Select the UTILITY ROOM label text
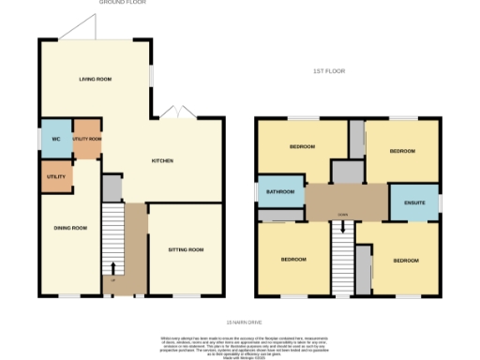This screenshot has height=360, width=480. [87, 139]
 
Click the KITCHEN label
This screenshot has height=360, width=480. [163, 161]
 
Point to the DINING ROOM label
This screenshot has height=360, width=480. [70, 228]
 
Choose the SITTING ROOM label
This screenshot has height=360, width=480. [185, 249]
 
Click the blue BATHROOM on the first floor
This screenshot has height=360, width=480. [279, 192]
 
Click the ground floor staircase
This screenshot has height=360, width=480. [112, 242]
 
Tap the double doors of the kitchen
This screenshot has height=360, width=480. [174, 113]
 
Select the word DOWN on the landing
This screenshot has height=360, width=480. [343, 215]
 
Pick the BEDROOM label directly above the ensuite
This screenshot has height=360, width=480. [402, 150]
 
